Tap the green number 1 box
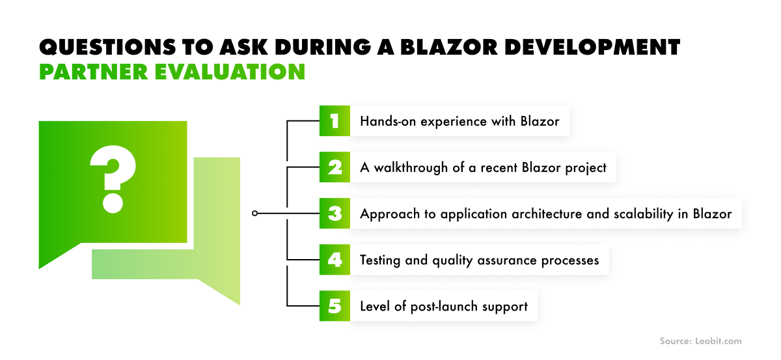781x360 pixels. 335,121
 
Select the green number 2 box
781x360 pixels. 335,167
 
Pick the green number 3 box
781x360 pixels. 335,214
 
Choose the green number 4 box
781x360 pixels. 335,260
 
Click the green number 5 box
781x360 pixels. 335,306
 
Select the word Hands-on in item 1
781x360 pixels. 385,121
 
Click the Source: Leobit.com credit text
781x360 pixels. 700,340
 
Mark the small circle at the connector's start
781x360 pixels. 255,213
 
